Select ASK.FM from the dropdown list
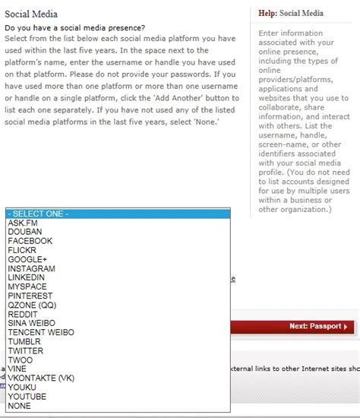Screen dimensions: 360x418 coord(23,223)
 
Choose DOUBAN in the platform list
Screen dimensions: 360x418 coord(25,232)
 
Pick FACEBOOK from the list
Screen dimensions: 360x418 coord(30,241)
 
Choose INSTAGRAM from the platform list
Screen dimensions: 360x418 coord(32,268)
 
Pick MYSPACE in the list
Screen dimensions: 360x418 coord(28,287)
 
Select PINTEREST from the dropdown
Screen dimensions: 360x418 coord(31,296)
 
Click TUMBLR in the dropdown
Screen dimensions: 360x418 coord(26,341)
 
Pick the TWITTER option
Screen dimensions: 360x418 coord(27,351)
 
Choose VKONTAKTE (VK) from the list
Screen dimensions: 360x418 coord(41,378)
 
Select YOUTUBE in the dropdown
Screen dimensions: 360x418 coord(27,397)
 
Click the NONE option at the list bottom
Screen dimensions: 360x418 coord(19,406)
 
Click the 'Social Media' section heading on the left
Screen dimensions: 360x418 coord(31,14)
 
